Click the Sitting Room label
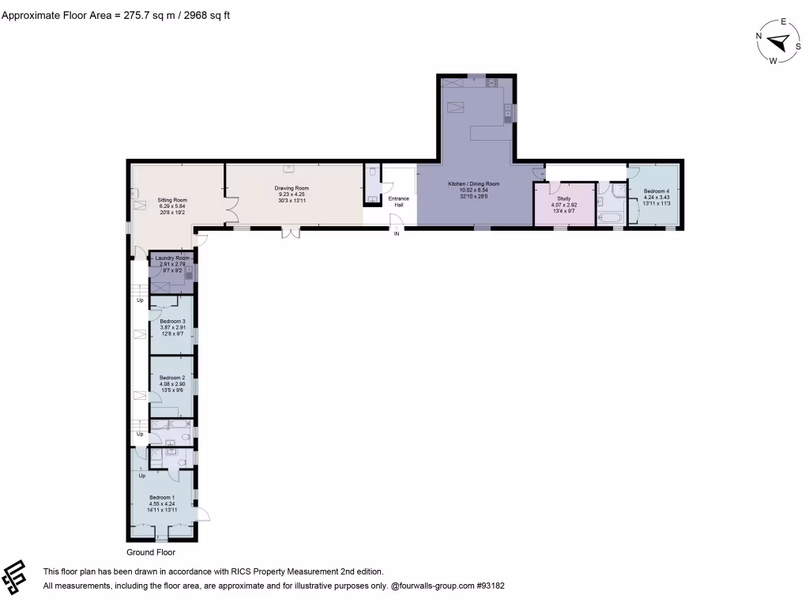pos(171,201)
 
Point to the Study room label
pos(564,198)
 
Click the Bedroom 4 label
pos(657,191)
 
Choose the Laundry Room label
pos(171,258)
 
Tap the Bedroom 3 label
pos(172,321)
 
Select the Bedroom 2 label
pos(172,378)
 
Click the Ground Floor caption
pos(151,552)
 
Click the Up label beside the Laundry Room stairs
pos(141,300)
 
